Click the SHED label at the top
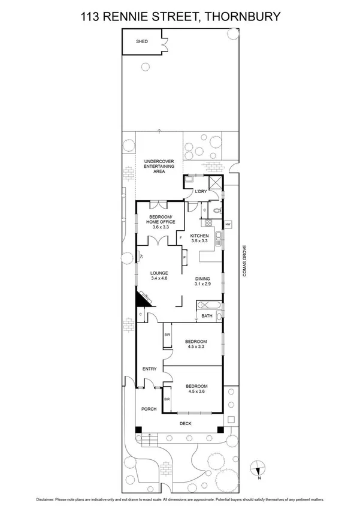(x=142, y=41)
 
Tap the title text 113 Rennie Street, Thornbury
(x=180, y=17)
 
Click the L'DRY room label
(x=201, y=191)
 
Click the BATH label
(x=207, y=316)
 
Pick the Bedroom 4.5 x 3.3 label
(x=196, y=345)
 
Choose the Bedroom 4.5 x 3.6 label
(x=196, y=389)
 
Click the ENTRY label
(x=149, y=369)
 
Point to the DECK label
(x=188, y=423)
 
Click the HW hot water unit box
(x=228, y=225)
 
